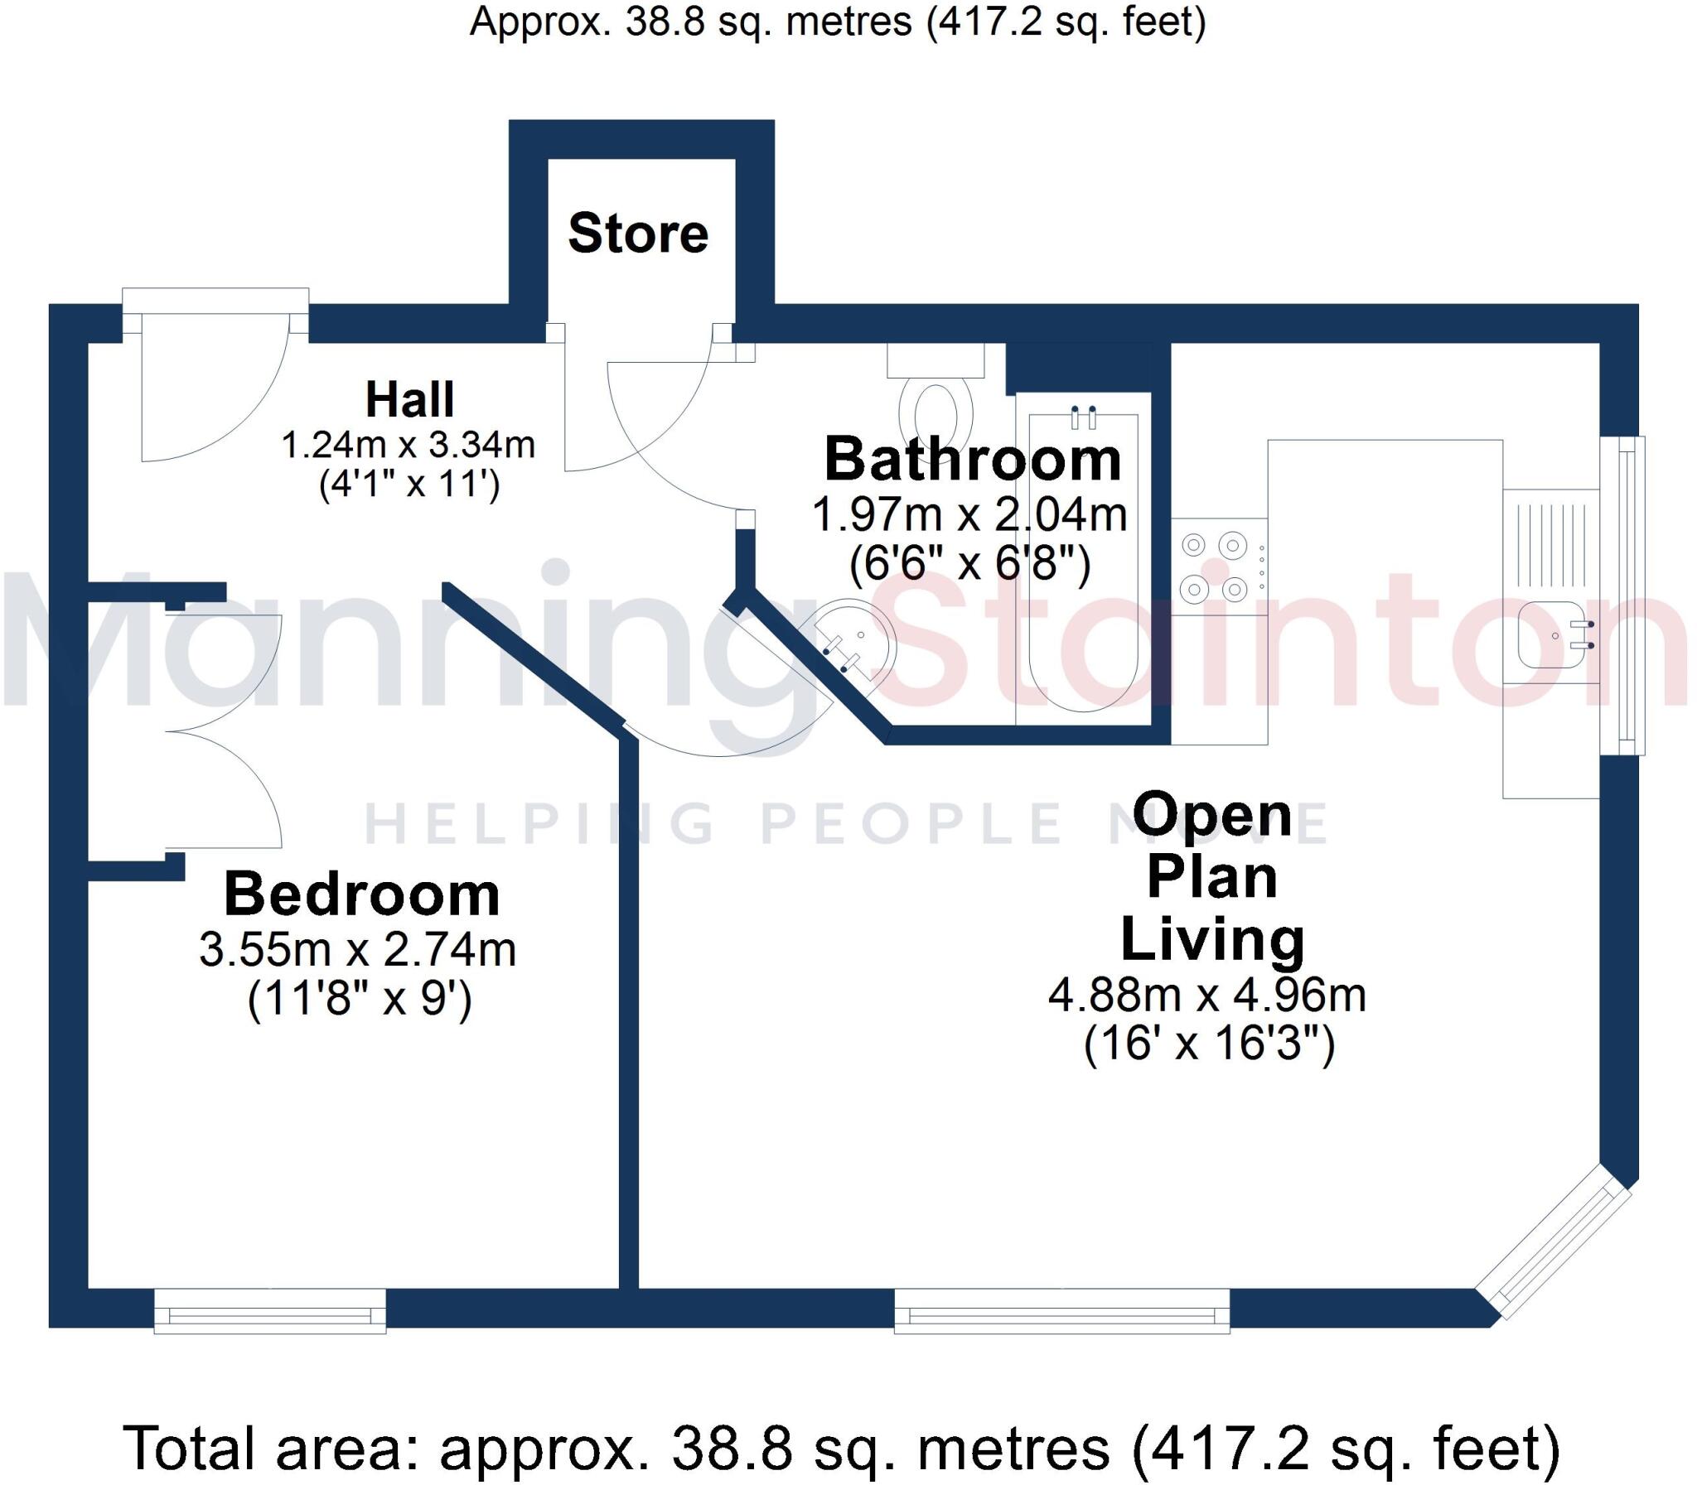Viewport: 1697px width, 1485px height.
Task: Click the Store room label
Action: (x=637, y=234)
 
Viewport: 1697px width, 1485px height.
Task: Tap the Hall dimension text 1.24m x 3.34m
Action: (x=408, y=446)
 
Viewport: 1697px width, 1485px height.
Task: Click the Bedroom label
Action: (x=361, y=895)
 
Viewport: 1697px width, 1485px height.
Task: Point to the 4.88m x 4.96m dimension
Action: (x=1207, y=996)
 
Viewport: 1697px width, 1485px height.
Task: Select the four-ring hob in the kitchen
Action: (x=1214, y=567)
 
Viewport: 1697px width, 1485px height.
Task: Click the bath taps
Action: (x=1084, y=417)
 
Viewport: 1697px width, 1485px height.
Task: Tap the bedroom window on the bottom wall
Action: (x=270, y=1312)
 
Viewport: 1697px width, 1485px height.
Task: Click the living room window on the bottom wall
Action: (x=1061, y=1312)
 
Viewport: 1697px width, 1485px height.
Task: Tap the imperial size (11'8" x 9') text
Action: (x=360, y=1000)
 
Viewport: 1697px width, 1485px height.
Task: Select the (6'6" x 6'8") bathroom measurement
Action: (x=970, y=565)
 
